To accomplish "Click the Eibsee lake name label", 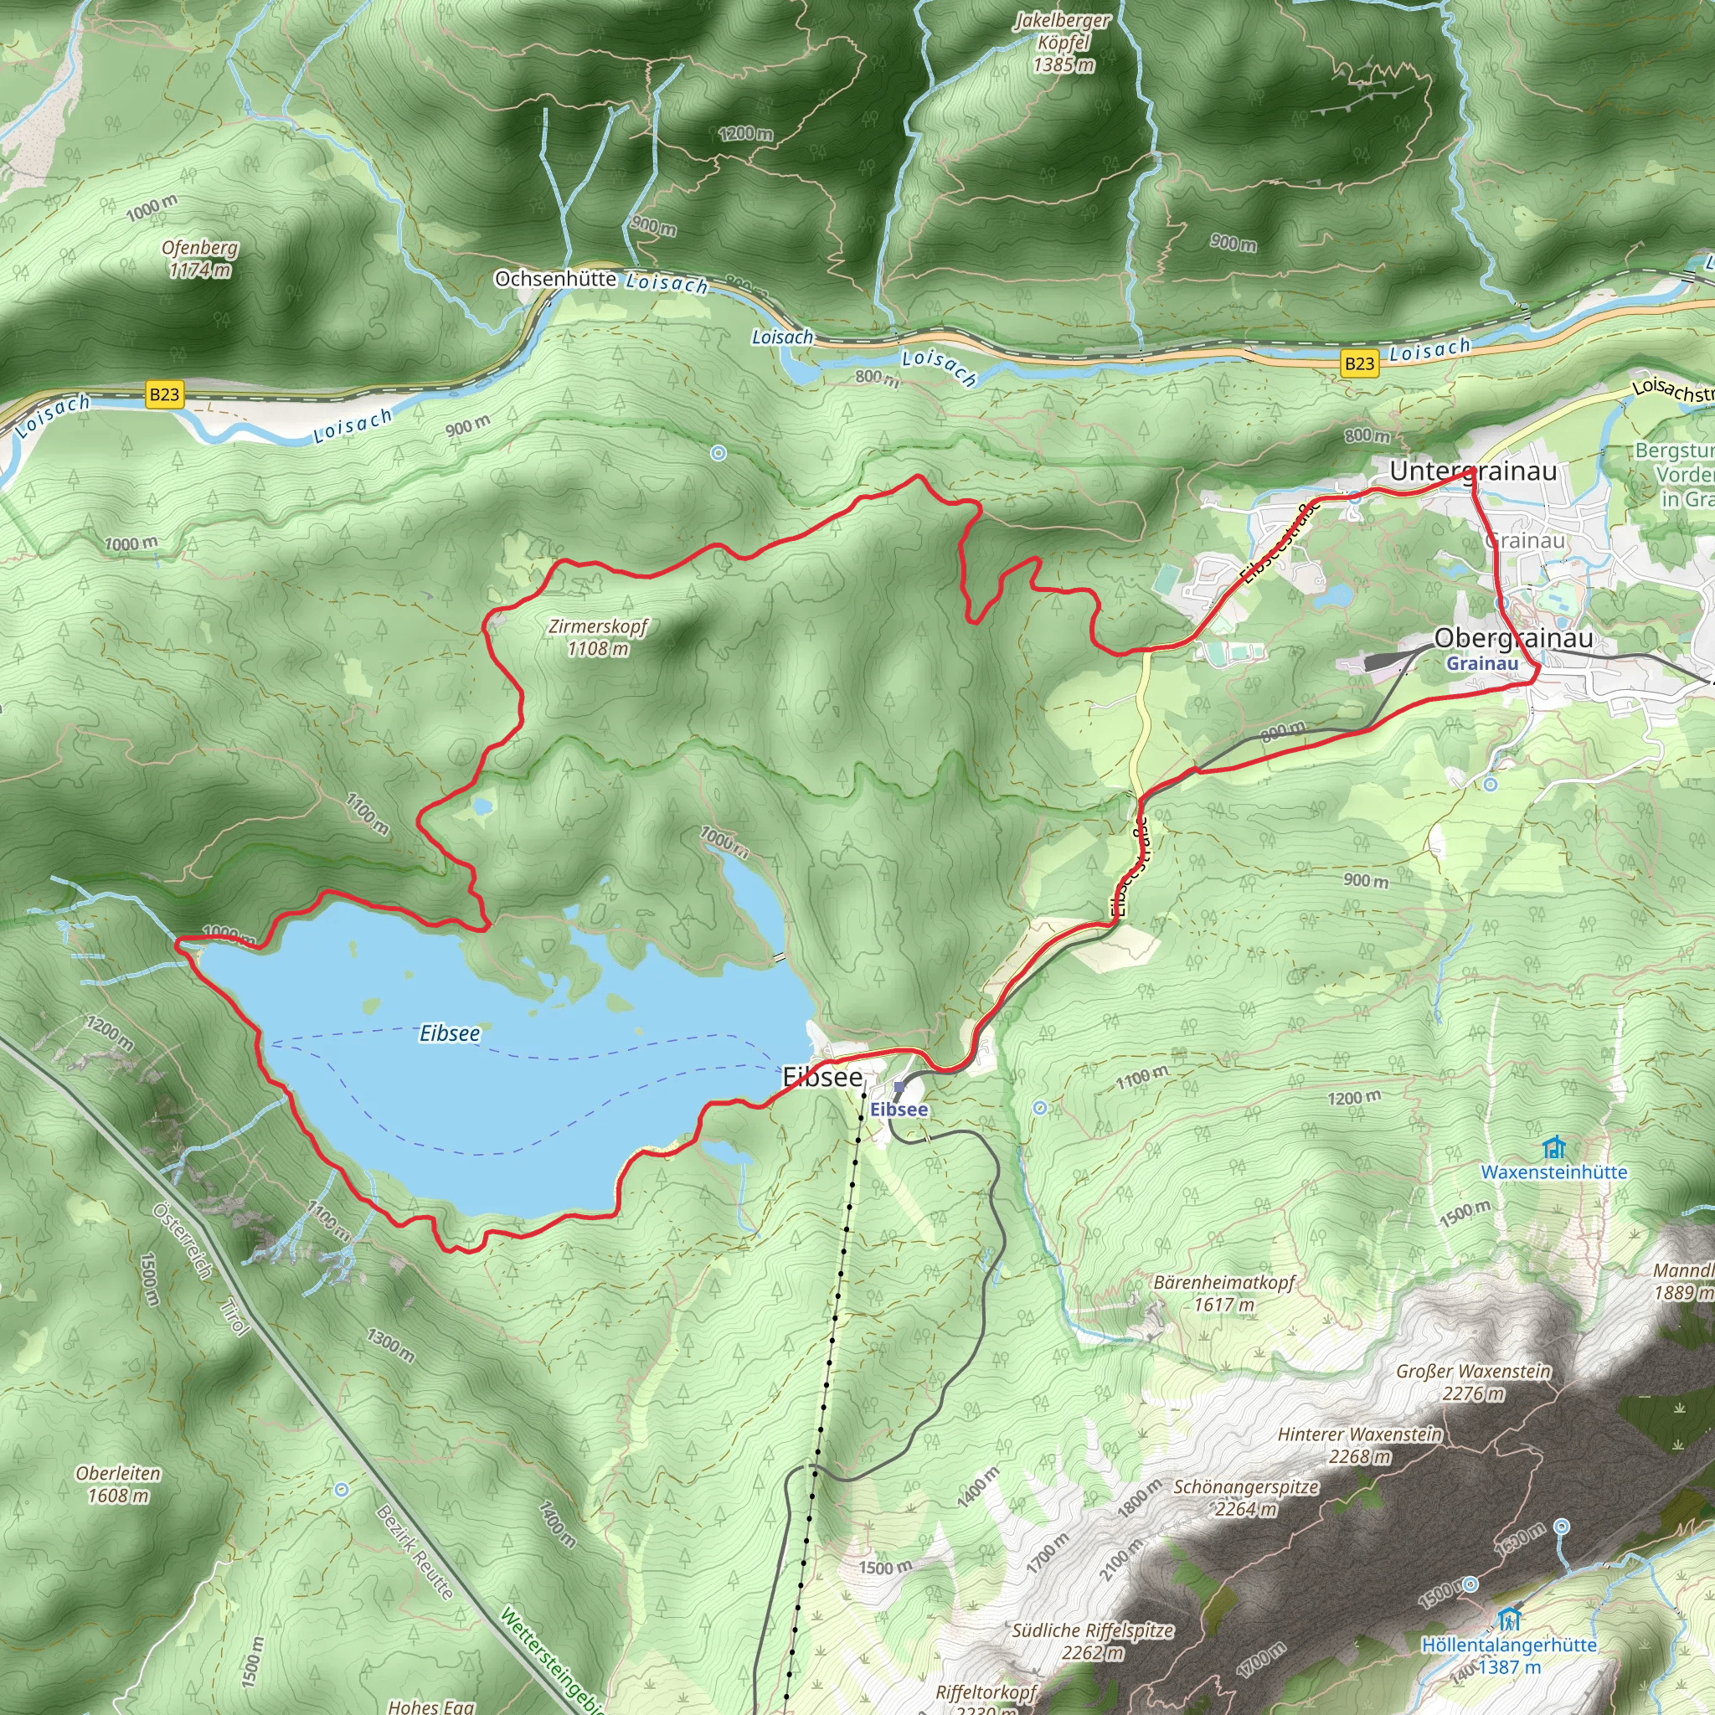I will pyautogui.click(x=449, y=1033).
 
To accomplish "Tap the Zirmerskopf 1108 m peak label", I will pyautogui.click(x=597, y=637).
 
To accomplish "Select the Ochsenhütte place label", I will pyautogui.click(x=555, y=279).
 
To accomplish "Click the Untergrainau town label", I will pyautogui.click(x=1473, y=471).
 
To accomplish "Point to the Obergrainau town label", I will pyautogui.click(x=1512, y=638).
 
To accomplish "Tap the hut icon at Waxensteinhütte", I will pyautogui.click(x=1553, y=1148).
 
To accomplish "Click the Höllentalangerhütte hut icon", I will pyautogui.click(x=1508, y=1618).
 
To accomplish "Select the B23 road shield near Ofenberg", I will pyautogui.click(x=164, y=394).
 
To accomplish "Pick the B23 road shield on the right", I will pyautogui.click(x=1359, y=363).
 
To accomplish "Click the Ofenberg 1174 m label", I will pyautogui.click(x=200, y=258).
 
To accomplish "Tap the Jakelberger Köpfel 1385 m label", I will pyautogui.click(x=1063, y=42).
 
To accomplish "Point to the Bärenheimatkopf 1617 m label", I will pyautogui.click(x=1224, y=1293).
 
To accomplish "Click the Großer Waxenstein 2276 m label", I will pyautogui.click(x=1473, y=1382).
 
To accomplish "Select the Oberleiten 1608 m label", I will pyautogui.click(x=118, y=1484).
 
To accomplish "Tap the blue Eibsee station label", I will pyautogui.click(x=899, y=1110).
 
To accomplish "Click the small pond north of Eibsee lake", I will pyautogui.click(x=482, y=806).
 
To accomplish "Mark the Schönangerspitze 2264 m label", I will pyautogui.click(x=1245, y=1497).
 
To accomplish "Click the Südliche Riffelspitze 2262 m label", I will pyautogui.click(x=1092, y=1641).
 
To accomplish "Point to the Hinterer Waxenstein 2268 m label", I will pyautogui.click(x=1359, y=1445).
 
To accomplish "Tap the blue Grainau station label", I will pyautogui.click(x=1481, y=664).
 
